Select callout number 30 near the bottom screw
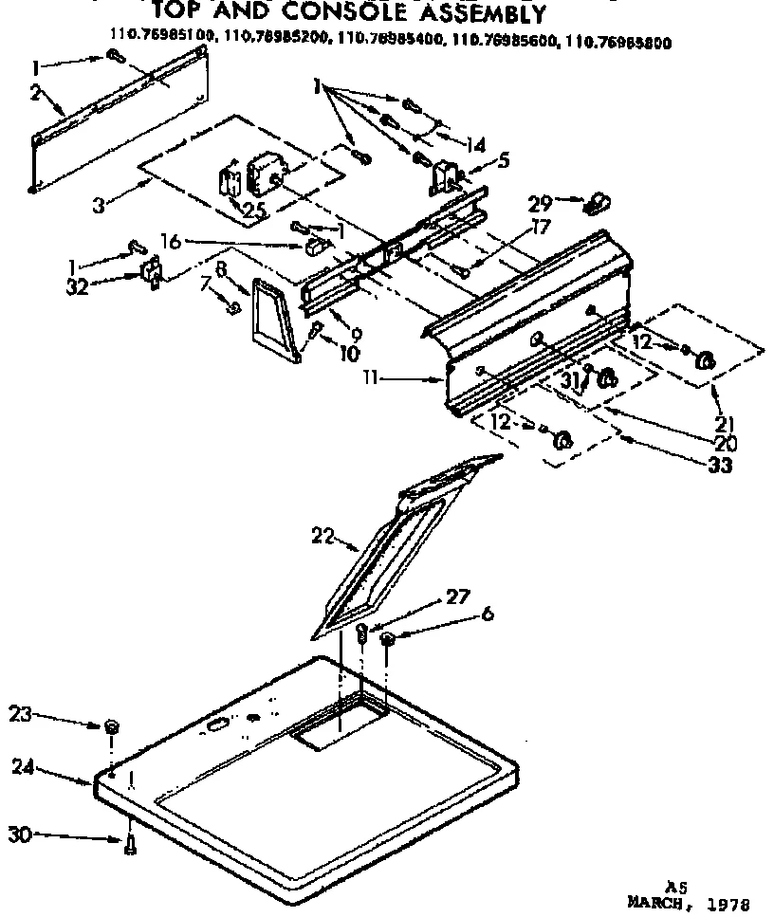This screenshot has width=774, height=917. (x=20, y=834)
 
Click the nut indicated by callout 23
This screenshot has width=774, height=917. (x=110, y=726)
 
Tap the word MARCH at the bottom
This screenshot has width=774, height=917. (x=656, y=903)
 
